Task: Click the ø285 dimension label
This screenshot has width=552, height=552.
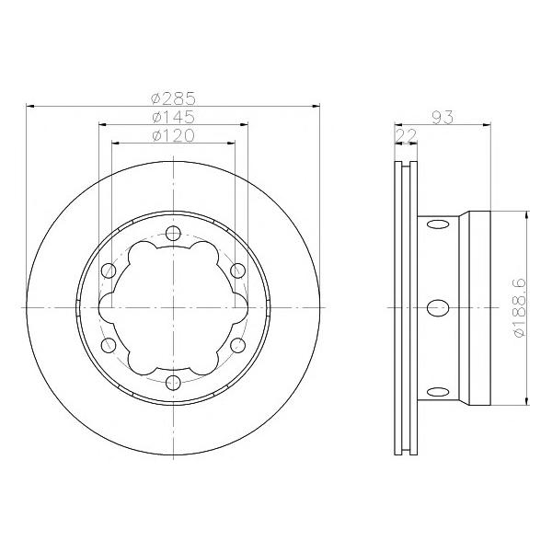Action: point(173,98)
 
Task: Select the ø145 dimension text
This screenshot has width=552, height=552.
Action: point(173,117)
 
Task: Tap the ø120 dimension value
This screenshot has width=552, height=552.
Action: point(173,135)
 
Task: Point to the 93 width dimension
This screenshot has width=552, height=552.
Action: point(443,117)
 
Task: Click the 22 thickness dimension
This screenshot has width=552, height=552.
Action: point(407,135)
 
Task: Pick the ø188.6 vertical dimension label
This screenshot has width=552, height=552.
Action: point(520,307)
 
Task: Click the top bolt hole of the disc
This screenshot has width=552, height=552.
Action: point(173,233)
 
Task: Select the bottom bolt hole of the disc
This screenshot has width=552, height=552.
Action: point(173,383)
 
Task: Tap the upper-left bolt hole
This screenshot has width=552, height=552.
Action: point(109,270)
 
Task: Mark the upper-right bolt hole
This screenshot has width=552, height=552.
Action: point(238,270)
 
